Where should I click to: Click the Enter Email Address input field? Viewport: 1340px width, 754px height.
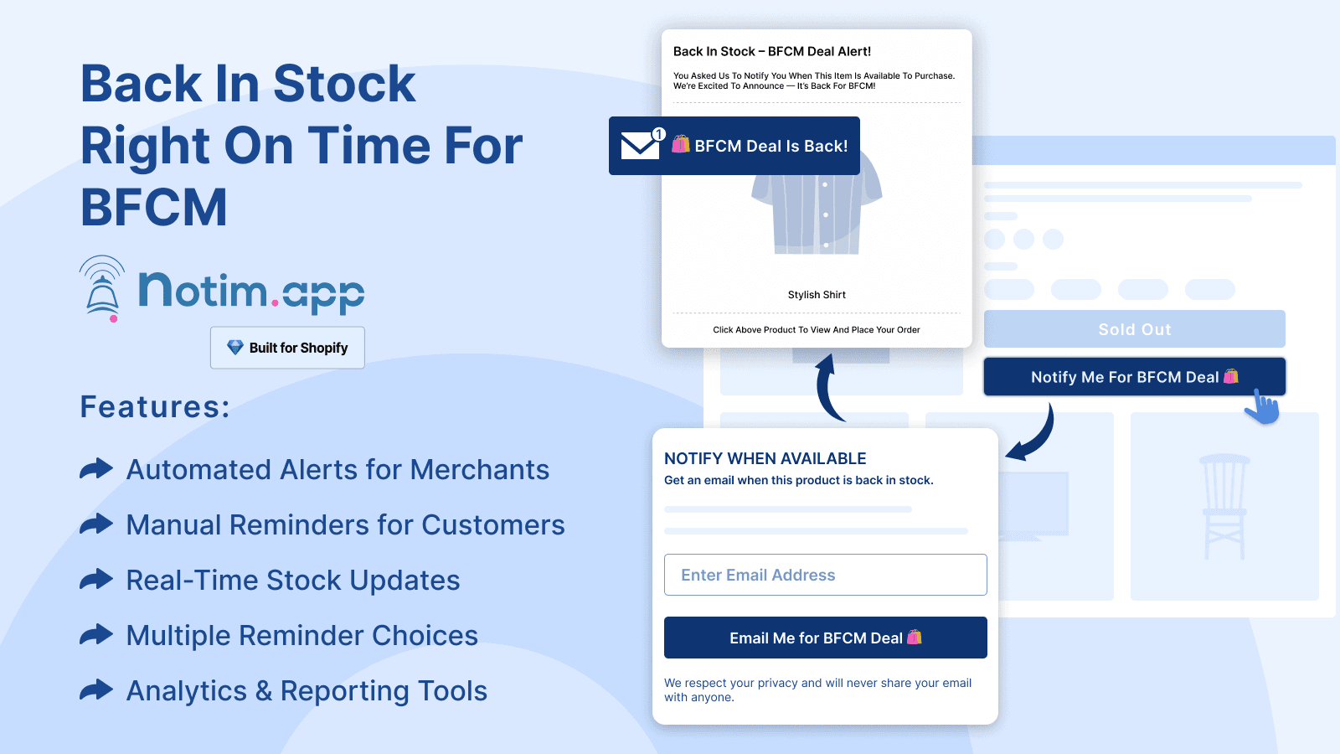coord(825,575)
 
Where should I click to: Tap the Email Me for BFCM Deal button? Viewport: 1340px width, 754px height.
coord(825,638)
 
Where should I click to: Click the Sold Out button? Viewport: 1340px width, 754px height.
coord(1134,329)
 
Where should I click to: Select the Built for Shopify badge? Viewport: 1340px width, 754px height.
coord(287,348)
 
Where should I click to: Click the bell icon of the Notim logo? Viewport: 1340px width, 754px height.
coord(103,289)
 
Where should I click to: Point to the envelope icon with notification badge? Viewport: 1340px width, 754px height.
coord(641,145)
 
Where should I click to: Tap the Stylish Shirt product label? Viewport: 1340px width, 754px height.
coord(817,295)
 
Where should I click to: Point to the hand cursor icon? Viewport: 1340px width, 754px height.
coord(1262,408)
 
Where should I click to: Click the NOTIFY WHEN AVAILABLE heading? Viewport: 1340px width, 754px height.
coord(765,458)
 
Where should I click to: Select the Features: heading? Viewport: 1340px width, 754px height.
coord(155,407)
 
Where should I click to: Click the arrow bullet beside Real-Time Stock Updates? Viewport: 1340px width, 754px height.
coord(96,579)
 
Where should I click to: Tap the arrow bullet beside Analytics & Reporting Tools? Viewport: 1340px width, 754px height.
coord(96,689)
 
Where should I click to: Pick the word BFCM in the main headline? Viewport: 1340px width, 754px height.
coord(154,208)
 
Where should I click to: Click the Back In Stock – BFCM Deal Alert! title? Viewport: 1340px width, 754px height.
coord(772,51)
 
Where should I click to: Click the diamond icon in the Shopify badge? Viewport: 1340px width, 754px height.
coord(235,347)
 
